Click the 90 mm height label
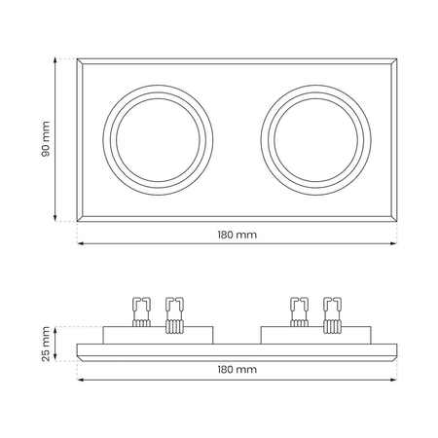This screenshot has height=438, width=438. (x=46, y=139)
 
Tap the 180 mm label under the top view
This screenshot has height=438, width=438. (x=237, y=235)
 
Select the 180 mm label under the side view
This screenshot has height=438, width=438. (x=237, y=369)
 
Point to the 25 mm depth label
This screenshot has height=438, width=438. (x=46, y=344)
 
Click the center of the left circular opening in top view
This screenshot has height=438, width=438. (x=158, y=140)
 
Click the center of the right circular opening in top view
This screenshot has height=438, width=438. (x=315, y=140)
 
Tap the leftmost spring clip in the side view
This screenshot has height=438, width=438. (x=141, y=312)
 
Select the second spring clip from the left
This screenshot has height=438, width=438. (x=175, y=315)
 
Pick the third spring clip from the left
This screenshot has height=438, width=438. (x=299, y=312)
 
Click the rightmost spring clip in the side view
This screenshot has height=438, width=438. (x=333, y=315)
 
